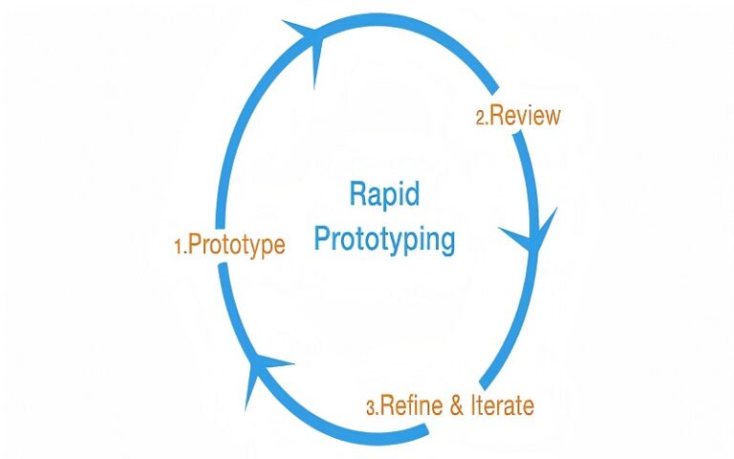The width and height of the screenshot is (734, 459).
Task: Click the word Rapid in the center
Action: (384, 195)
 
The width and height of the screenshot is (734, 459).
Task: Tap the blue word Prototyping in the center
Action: (384, 239)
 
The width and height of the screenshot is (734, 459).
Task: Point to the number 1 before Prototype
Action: (178, 248)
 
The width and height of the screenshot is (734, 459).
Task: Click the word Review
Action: (525, 116)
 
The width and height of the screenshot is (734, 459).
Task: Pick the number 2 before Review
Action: (481, 118)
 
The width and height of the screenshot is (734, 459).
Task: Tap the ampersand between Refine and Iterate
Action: (457, 405)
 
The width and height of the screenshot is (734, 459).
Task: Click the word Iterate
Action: (501, 405)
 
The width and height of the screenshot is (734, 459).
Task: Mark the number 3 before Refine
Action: (370, 407)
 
